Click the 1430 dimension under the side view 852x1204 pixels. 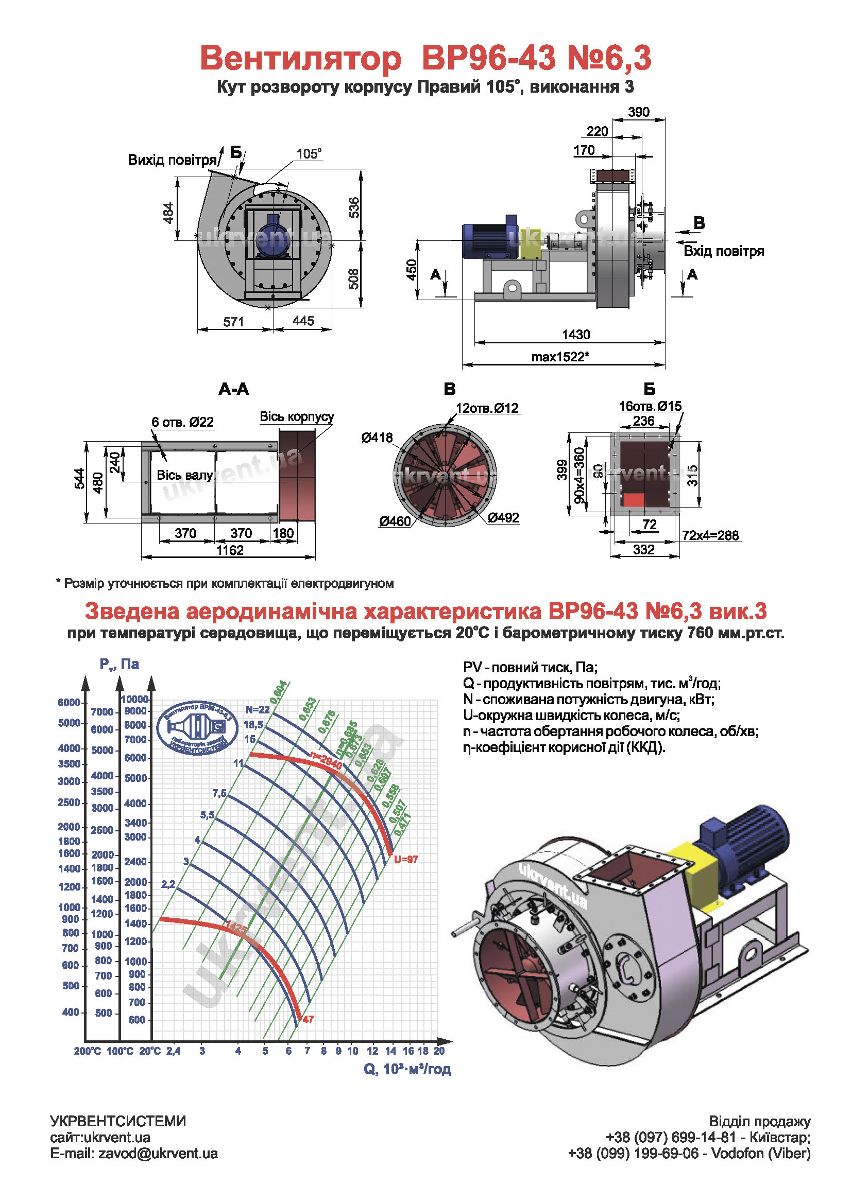(x=575, y=335)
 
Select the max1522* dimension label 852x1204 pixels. (x=560, y=357)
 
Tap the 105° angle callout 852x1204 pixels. (x=309, y=154)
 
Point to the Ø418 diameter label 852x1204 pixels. (x=376, y=438)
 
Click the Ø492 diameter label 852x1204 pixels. (x=503, y=518)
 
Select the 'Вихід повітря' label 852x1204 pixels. (x=173, y=160)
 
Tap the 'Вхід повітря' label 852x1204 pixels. (x=723, y=251)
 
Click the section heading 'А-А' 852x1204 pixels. (x=233, y=389)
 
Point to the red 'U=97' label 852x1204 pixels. (x=406, y=859)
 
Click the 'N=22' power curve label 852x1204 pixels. (x=257, y=709)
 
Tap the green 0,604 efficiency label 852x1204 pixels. (x=279, y=692)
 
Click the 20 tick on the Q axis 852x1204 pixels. (x=439, y=1051)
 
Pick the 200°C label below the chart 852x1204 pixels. (x=88, y=1052)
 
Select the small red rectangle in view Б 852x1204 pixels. (x=633, y=500)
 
